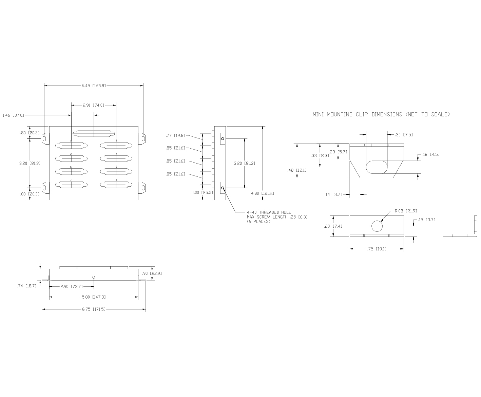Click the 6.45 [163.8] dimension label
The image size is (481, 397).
(94, 86)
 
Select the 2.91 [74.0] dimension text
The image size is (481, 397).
(94, 105)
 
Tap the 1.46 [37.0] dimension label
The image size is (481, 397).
(13, 115)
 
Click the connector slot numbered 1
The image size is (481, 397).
(72, 145)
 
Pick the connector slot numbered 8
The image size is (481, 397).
(116, 185)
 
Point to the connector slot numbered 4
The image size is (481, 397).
(116, 158)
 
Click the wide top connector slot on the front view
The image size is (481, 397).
(94, 134)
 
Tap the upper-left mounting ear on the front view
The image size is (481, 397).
(45, 138)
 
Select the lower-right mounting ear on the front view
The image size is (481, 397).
(142, 188)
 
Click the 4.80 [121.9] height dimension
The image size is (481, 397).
(263, 193)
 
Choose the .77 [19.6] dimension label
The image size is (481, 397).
(175, 135)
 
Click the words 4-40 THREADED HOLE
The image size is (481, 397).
(269, 212)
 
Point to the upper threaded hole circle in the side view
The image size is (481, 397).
(223, 139)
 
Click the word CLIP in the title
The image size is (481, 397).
(362, 114)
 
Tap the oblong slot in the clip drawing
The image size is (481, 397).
(377, 167)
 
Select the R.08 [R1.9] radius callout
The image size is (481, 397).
(406, 211)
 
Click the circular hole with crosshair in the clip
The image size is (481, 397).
(377, 226)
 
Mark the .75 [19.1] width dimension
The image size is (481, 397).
(377, 249)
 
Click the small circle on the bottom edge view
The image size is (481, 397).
(94, 277)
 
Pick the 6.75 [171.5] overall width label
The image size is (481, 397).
(94, 309)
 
